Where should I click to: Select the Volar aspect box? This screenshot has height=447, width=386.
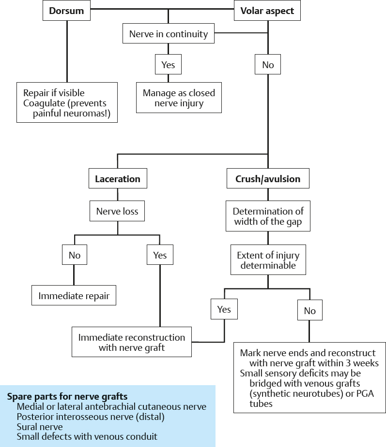pyautogui.click(x=267, y=11)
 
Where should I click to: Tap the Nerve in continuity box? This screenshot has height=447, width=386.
pyautogui.click(x=168, y=34)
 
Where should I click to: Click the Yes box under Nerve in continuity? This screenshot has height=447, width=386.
pyautogui.click(x=168, y=65)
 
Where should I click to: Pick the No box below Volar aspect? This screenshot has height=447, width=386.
pyautogui.click(x=268, y=65)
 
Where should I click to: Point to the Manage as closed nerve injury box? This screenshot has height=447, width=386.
pyautogui.click(x=179, y=98)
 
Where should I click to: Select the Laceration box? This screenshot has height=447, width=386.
pyautogui.click(x=118, y=179)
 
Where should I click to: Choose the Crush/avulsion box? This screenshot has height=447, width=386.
pyautogui.click(x=268, y=179)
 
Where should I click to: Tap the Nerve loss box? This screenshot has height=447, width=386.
pyautogui.click(x=117, y=211)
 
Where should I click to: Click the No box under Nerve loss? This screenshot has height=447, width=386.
pyautogui.click(x=75, y=255)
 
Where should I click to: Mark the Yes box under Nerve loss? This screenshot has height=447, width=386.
pyautogui.click(x=160, y=255)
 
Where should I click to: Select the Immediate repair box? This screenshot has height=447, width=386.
pyautogui.click(x=74, y=296)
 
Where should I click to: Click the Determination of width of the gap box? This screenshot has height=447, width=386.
pyautogui.click(x=268, y=216)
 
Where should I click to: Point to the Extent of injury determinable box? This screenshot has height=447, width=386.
pyautogui.click(x=268, y=260)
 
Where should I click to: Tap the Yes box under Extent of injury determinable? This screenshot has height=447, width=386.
pyautogui.click(x=224, y=309)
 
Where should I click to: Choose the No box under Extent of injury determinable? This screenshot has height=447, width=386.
pyautogui.click(x=310, y=311)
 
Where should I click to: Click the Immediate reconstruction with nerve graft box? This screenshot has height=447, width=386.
pyautogui.click(x=132, y=342)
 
